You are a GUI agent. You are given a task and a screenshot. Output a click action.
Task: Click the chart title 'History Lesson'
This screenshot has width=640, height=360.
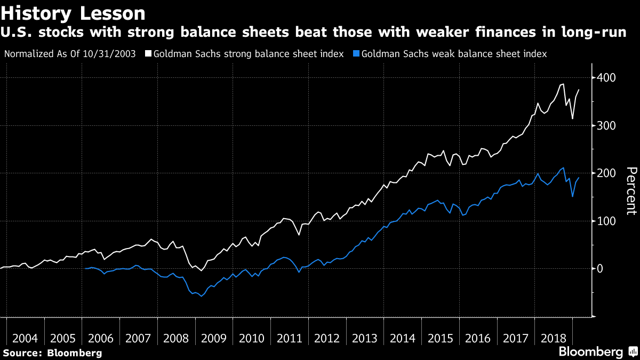point(74,13)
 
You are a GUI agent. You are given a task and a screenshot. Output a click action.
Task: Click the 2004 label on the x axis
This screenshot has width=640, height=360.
point(25,338)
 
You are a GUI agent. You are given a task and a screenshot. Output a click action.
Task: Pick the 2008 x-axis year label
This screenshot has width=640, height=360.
point(176,338)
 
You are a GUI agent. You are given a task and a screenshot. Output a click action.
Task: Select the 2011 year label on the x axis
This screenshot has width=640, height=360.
point(289,338)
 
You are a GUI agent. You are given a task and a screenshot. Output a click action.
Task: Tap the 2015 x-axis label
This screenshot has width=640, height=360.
point(440,338)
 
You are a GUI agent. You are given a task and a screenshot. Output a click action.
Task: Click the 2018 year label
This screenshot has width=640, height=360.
point(553,338)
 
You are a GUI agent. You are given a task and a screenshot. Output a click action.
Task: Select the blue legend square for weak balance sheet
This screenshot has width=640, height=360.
point(356,54)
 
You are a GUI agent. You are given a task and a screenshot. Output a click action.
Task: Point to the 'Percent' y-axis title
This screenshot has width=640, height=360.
point(631,190)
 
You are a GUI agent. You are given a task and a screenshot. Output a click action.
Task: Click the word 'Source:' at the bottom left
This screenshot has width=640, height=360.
point(23,353)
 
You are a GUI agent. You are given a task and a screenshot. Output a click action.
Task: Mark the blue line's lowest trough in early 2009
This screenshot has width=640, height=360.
point(201,296)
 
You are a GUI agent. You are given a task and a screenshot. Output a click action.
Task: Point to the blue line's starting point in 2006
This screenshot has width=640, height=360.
point(86,268)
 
